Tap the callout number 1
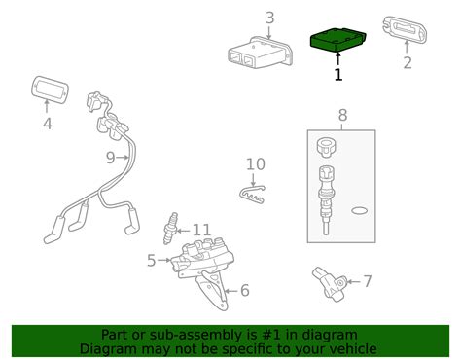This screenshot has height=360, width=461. tap(338, 74)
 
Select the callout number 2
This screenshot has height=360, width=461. tap(408, 62)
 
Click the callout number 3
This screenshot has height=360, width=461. tap(269, 18)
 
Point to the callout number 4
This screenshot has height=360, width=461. tap(48, 124)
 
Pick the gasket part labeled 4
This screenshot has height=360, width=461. tap(50, 90)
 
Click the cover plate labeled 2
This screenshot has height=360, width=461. tap(405, 29)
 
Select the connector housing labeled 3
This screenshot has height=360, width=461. tap(261, 53)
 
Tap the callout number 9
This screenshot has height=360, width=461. tap(111, 158)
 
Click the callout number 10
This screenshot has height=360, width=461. tap(256, 164)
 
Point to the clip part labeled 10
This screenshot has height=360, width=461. tap(252, 195)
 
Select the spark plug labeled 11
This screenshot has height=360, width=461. tap(171, 229)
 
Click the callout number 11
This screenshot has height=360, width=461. tap(201, 231)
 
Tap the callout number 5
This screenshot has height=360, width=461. tap(152, 261)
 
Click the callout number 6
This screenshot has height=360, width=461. tap(245, 290)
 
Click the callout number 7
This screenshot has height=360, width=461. tap(367, 281)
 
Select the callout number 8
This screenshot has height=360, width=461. tap(342, 115)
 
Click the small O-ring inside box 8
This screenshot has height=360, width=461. tap(360, 211)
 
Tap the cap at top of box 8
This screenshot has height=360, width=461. tap(326, 147)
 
